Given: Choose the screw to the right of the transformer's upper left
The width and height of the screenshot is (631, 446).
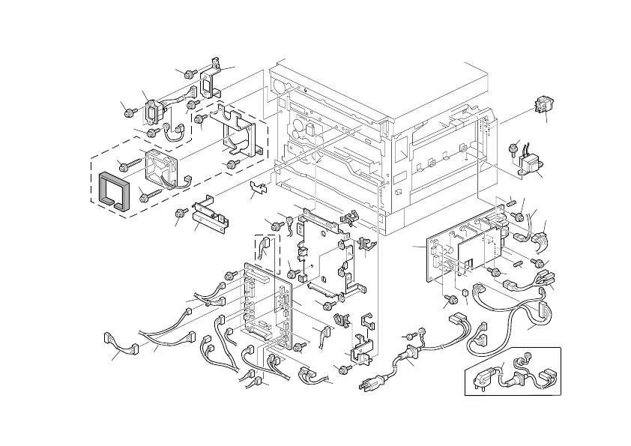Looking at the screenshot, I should [515, 145].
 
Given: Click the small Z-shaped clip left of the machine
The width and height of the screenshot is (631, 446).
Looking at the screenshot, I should [258, 187].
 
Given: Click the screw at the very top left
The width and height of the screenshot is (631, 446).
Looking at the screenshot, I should [189, 73].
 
